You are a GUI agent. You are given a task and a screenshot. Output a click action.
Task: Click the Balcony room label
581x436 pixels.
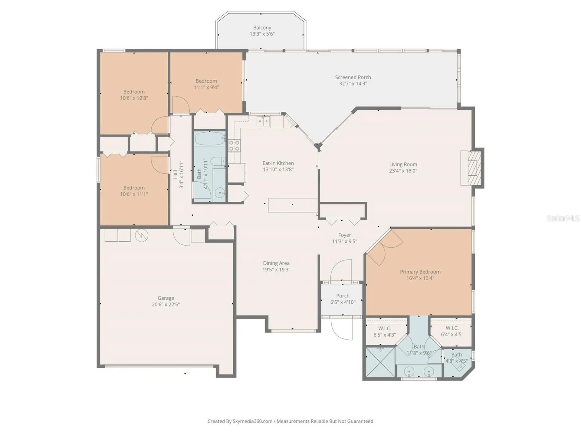tap(262, 28)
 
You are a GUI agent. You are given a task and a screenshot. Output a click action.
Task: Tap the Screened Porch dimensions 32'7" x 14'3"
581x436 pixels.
tap(353, 84)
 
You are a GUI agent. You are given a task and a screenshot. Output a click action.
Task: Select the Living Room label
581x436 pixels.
tap(403, 164)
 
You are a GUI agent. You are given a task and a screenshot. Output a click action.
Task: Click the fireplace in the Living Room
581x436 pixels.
tap(474, 168)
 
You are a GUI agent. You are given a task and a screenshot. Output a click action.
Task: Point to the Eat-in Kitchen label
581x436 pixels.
tap(278, 163)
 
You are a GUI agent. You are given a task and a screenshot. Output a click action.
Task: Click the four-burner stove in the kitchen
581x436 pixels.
tap(234, 145)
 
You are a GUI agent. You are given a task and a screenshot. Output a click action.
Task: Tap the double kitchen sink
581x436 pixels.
tap(263, 121)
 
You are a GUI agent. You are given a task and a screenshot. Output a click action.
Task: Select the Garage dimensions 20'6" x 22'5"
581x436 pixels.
tap(166, 305)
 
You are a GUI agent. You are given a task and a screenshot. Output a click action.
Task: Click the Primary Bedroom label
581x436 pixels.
tap(420, 272)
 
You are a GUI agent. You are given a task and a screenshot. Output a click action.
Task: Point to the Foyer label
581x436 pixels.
tap(344, 235)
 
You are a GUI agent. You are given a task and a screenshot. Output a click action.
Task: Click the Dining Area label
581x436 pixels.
tap(276, 263)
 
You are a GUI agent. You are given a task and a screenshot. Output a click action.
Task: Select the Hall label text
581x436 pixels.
tap(175, 174)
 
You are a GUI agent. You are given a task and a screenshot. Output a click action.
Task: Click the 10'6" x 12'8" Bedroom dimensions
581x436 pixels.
tap(134, 98)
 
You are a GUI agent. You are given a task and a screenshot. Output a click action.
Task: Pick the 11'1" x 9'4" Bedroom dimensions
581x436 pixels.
tap(206, 88)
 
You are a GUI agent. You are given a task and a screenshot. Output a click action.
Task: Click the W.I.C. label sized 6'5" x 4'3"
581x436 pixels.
tap(385, 329)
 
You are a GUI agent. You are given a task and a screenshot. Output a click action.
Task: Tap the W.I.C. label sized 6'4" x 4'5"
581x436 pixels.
tap(452, 328)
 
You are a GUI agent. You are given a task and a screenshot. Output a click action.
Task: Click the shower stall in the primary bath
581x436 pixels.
tap(380, 362)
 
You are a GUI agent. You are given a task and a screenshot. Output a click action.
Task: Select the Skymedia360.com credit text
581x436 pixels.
tap(252, 421)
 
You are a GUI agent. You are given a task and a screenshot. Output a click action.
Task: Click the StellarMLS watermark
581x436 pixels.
tap(563, 218)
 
